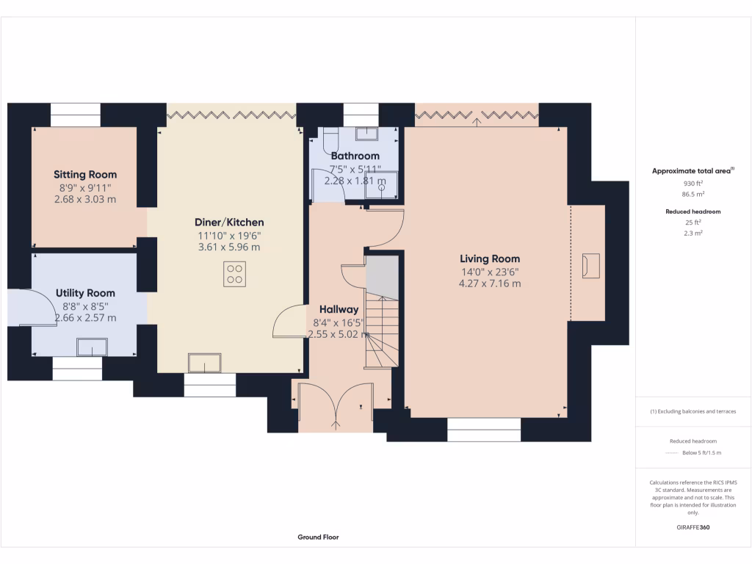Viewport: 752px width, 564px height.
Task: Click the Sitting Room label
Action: click(x=85, y=175)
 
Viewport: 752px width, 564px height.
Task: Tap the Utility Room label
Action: click(x=85, y=293)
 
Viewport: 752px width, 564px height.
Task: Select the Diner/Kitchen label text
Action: click(x=229, y=223)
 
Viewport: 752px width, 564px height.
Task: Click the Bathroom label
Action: click(x=355, y=156)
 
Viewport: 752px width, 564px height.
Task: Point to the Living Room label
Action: click(x=490, y=258)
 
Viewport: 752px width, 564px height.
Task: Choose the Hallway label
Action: click(x=339, y=309)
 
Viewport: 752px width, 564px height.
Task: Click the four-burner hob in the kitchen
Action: click(x=234, y=274)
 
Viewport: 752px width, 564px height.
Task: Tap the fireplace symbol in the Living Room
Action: click(x=590, y=266)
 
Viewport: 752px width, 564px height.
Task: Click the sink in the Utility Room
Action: click(x=93, y=347)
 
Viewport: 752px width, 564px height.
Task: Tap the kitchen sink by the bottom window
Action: click(x=205, y=364)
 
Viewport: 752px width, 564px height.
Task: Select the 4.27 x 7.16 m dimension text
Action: click(x=490, y=283)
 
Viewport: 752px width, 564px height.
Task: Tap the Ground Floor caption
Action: click(x=318, y=537)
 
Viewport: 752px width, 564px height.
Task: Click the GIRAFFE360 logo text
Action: click(x=693, y=527)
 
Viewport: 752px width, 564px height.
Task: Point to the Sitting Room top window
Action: click(x=75, y=115)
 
